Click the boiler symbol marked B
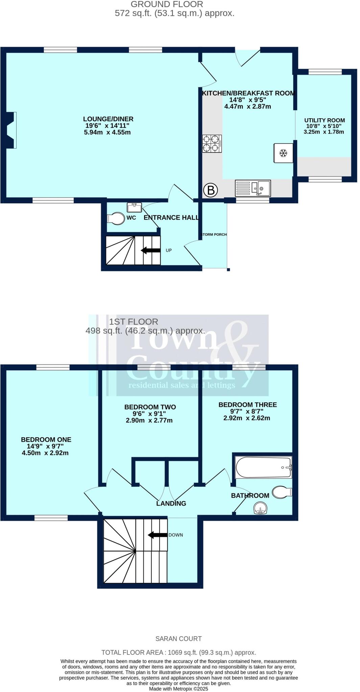(x=211, y=190)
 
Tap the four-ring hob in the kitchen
(x=212, y=144)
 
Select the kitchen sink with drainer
(x=253, y=188)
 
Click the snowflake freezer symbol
(x=283, y=153)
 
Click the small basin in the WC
(x=135, y=206)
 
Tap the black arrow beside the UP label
(x=150, y=250)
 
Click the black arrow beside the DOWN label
(x=158, y=535)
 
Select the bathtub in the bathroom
(x=263, y=467)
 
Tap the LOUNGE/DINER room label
(x=108, y=119)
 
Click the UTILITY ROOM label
(x=325, y=120)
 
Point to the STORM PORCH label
(x=214, y=234)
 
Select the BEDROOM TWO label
(x=150, y=407)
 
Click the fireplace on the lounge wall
(x=11, y=130)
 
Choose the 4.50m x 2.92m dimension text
(x=45, y=453)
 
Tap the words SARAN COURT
(x=178, y=639)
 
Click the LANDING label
(x=171, y=503)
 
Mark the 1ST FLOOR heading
(x=134, y=322)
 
